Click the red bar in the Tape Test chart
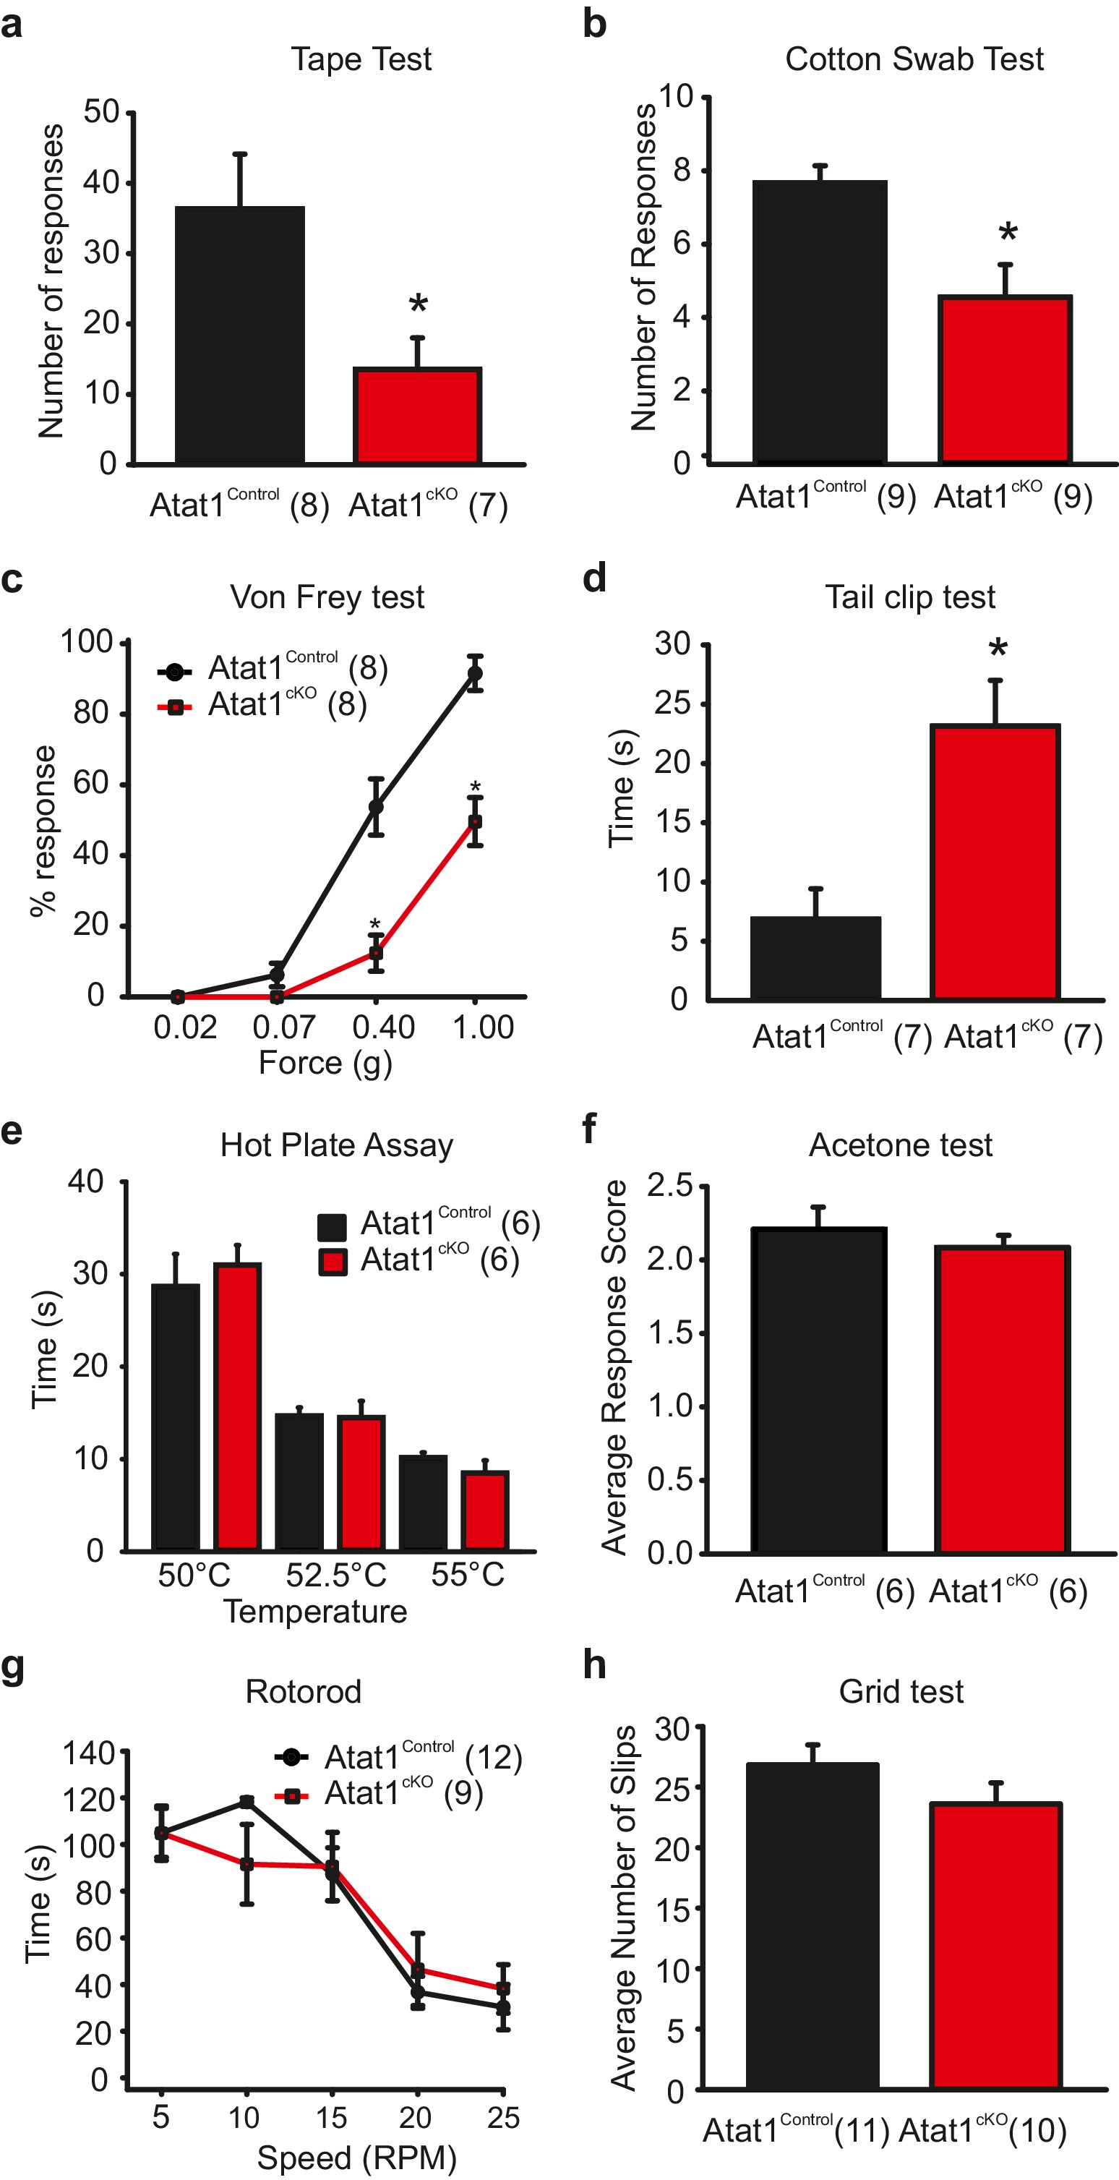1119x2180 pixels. [417, 416]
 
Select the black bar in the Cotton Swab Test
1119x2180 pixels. [819, 322]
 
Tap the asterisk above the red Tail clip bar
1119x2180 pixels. [998, 649]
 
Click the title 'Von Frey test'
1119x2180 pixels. [327, 597]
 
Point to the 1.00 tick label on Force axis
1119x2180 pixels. [483, 1027]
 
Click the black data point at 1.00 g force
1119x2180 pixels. [476, 674]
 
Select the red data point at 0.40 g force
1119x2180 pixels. [376, 953]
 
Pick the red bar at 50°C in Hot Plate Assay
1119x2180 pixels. [238, 1406]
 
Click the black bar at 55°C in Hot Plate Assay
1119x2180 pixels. [423, 1503]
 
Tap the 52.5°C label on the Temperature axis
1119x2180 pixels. [336, 1575]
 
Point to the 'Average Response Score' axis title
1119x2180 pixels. [614, 1367]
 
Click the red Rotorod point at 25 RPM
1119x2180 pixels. [503, 1988]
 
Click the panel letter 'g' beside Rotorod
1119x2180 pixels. [13, 1669]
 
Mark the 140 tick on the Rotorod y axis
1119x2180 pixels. [89, 1753]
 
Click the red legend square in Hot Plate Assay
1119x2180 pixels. [333, 1262]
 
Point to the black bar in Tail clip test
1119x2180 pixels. [815, 958]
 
